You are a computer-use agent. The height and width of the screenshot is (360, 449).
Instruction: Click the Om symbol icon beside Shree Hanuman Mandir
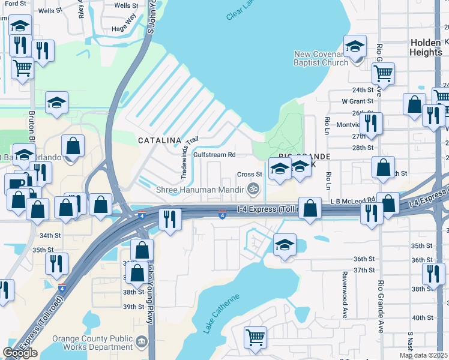pyautogui.click(x=255, y=189)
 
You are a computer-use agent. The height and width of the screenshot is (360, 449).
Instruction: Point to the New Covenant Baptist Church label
pyautogui.click(x=321, y=58)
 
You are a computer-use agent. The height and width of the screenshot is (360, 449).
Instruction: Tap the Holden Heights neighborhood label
pyautogui.click(x=426, y=47)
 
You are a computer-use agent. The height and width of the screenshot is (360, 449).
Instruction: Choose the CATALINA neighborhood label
pyautogui.click(x=160, y=140)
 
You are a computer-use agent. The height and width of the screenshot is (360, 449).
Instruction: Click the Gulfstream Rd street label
pyautogui.click(x=213, y=155)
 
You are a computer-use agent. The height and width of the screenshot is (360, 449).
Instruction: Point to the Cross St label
pyautogui.click(x=249, y=175)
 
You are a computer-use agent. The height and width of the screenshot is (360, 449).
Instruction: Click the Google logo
pyautogui.click(x=20, y=353)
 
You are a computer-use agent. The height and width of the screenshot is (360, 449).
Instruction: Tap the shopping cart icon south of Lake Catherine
pyautogui.click(x=256, y=337)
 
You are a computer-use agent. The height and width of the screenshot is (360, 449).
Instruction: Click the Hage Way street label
pyautogui.click(x=125, y=28)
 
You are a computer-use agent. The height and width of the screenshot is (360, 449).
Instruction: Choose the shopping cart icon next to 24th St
pyautogui.click(x=382, y=73)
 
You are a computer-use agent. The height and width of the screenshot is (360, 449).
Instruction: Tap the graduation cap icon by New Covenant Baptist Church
pyautogui.click(x=355, y=46)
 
